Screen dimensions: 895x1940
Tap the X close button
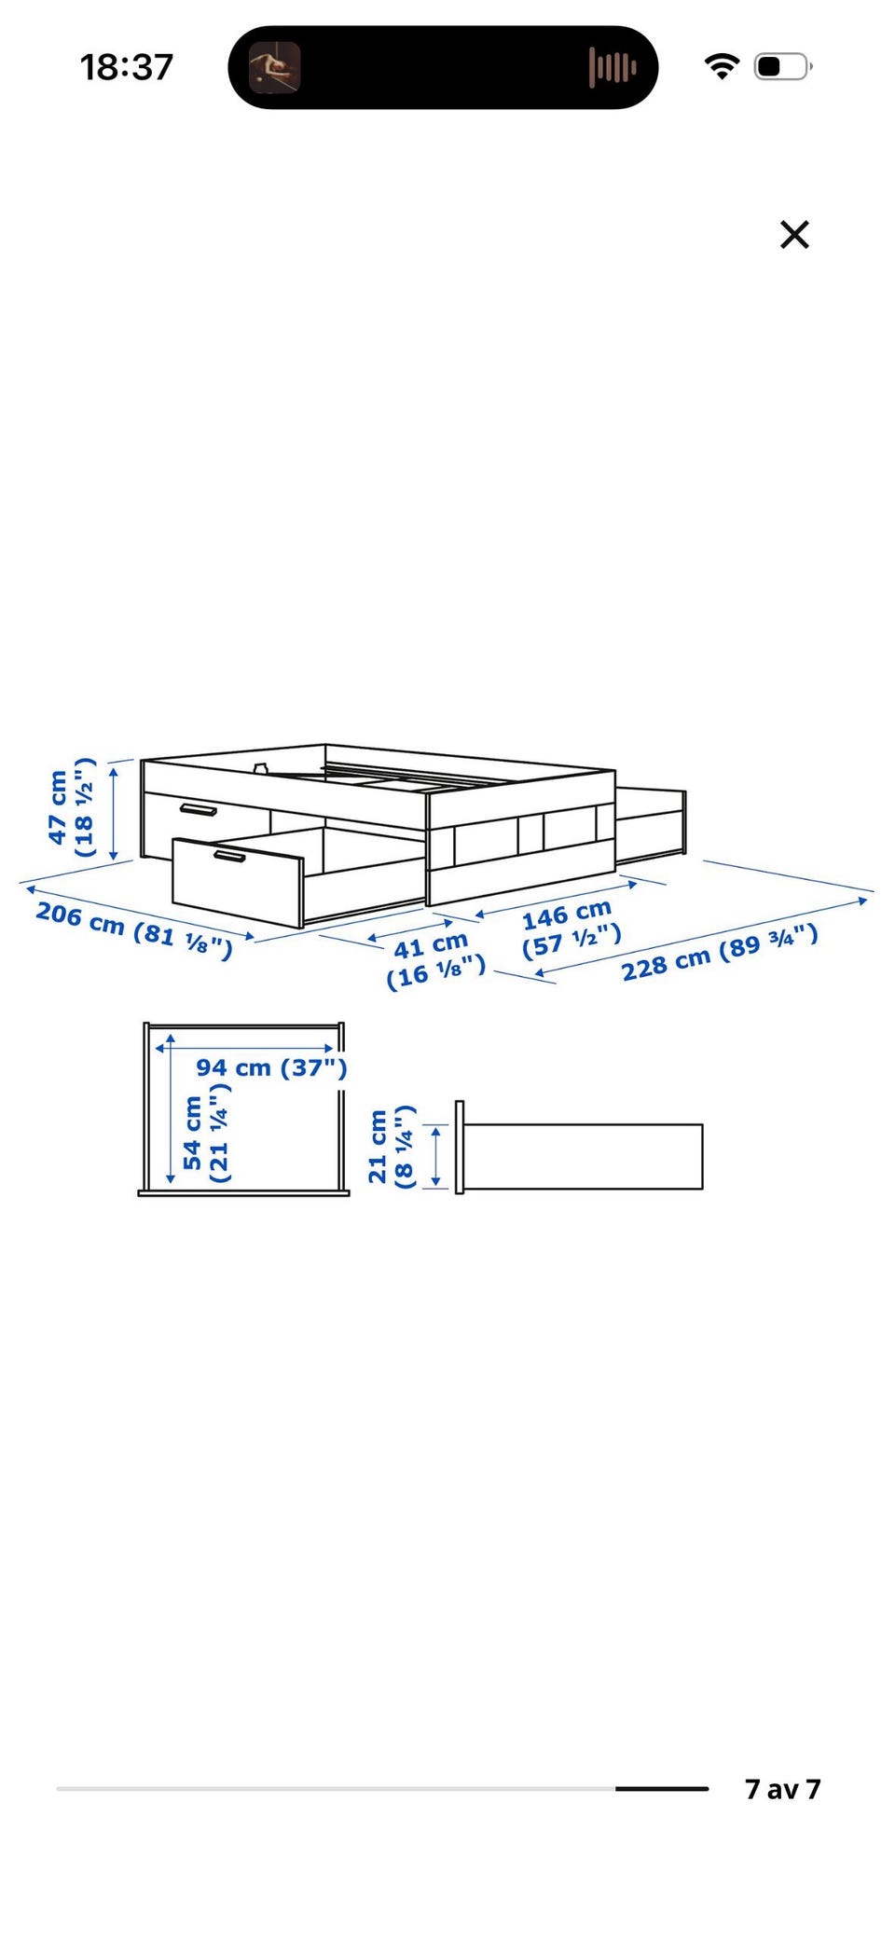tap(794, 235)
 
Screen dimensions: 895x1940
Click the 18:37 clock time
tap(127, 67)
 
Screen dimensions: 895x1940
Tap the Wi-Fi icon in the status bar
tap(722, 66)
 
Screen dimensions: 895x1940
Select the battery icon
tap(783, 67)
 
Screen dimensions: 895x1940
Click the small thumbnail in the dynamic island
tap(274, 67)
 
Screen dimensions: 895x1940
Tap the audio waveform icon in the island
tap(613, 67)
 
